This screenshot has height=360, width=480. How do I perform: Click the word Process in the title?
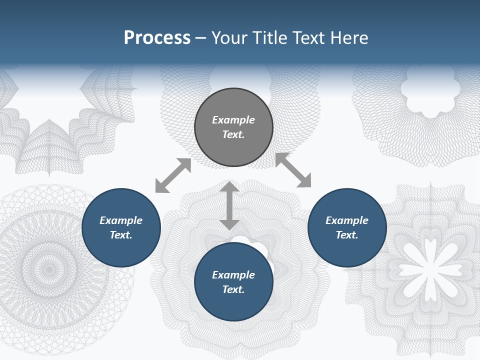click(x=157, y=38)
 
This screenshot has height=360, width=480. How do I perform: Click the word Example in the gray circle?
click(x=233, y=120)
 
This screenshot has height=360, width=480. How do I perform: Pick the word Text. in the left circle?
click(x=121, y=235)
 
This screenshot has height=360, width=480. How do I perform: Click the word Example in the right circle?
click(x=347, y=220)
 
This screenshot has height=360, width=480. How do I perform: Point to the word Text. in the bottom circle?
click(x=233, y=289)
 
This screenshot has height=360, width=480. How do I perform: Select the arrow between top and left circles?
click(x=173, y=175)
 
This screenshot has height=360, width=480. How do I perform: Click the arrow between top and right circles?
click(x=293, y=170)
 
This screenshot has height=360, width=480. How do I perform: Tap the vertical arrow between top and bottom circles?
click(x=229, y=206)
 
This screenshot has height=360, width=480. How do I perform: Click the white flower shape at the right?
click(x=430, y=262)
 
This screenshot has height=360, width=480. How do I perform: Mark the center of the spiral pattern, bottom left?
click(x=49, y=269)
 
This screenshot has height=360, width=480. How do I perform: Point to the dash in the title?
click(x=201, y=38)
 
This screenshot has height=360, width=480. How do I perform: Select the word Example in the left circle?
click(x=121, y=220)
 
